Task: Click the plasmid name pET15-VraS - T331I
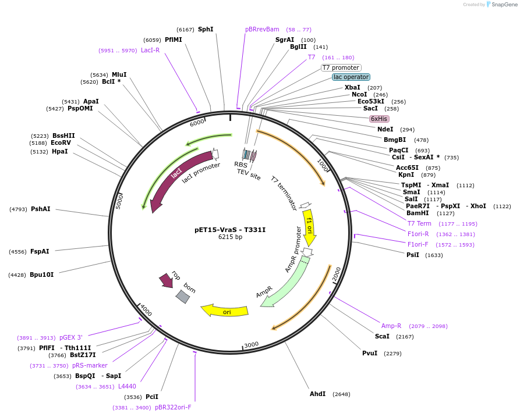click(230, 230)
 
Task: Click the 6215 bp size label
click(230, 237)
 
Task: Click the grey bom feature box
click(183, 297)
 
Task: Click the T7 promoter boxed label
click(341, 67)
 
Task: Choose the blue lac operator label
click(351, 77)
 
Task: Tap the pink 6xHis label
click(379, 119)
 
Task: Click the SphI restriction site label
click(206, 29)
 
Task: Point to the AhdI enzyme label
click(317, 394)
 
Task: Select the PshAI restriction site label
click(41, 209)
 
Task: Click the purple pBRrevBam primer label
click(262, 29)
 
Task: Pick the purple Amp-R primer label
click(391, 326)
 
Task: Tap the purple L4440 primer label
click(127, 386)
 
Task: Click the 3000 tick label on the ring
click(251, 344)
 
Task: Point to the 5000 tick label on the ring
click(118, 201)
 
